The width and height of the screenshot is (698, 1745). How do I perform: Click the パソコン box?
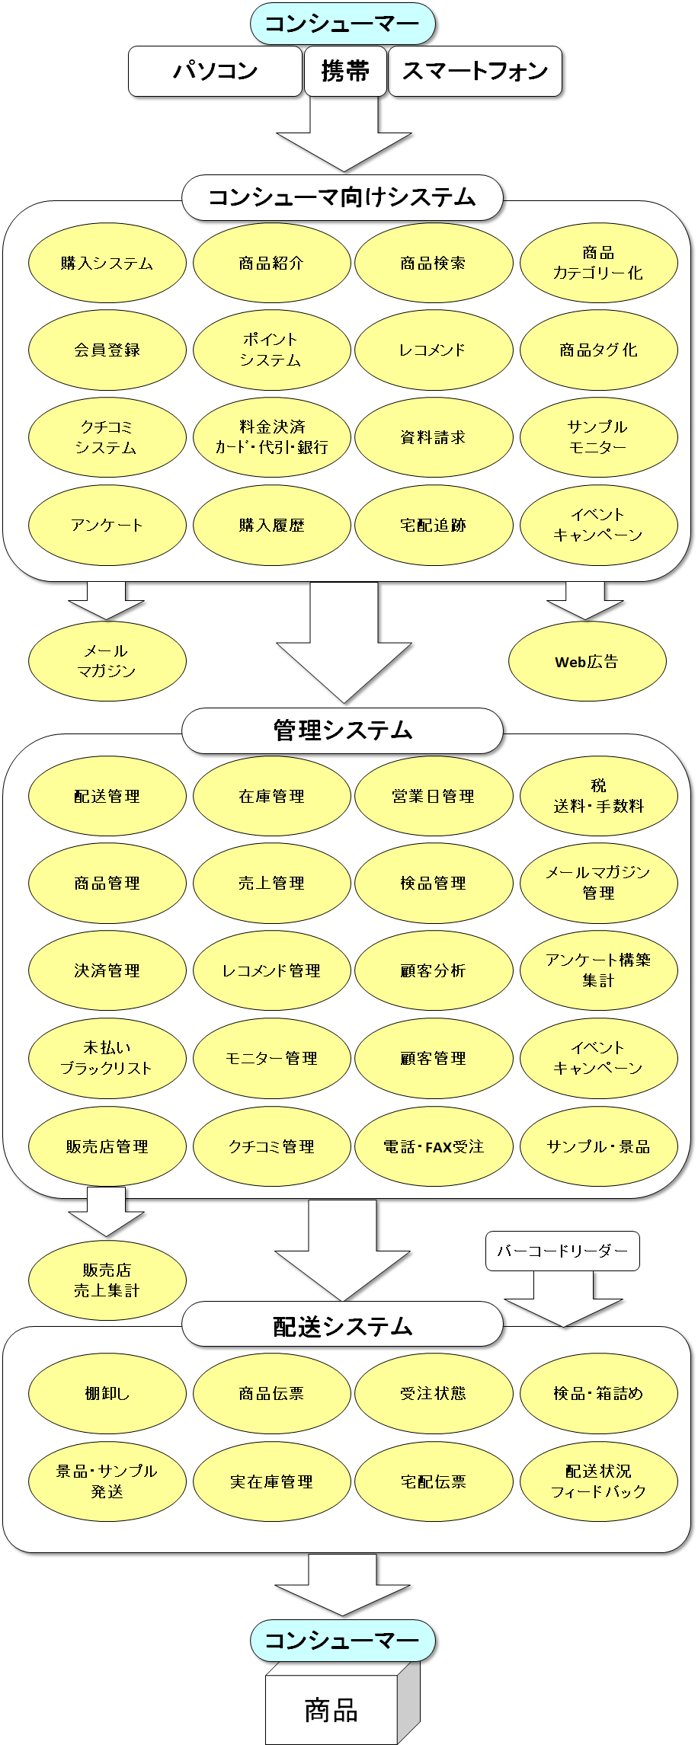point(215,72)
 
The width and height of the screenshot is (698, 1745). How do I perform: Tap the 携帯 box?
point(345,72)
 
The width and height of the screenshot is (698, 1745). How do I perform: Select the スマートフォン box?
point(475,72)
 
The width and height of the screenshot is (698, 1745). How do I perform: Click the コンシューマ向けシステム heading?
point(342,198)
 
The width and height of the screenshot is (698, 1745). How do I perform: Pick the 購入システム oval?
point(107,264)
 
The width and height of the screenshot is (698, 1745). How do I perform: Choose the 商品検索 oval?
point(434,264)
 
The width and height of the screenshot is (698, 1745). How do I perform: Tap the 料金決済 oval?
point(272,438)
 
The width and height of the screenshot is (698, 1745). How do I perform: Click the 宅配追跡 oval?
point(434,526)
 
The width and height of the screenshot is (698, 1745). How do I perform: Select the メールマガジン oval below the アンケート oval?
point(107,661)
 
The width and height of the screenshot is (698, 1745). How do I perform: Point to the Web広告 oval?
point(588,661)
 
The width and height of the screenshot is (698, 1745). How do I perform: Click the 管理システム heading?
point(342,731)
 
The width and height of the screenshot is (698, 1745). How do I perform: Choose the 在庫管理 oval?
point(272,797)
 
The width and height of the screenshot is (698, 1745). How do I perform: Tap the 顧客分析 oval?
point(434,971)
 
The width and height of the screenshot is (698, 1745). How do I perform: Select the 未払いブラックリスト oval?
point(107,1059)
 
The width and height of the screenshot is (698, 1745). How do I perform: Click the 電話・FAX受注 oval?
point(434,1146)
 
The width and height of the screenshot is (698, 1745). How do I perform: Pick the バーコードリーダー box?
point(562,1251)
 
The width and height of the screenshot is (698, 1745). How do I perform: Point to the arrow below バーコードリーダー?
point(563,1299)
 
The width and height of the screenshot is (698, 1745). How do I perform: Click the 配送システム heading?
point(342,1327)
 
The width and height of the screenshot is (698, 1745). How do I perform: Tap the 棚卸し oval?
point(107,1394)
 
